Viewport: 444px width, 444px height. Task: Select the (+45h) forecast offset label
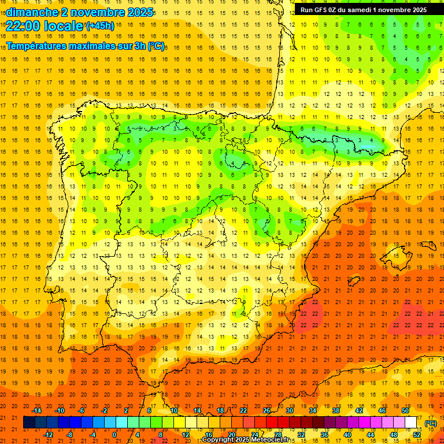pos(99,26)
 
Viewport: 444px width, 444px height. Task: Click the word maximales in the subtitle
pos(92,46)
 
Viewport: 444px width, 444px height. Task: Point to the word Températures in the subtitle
pos(36,46)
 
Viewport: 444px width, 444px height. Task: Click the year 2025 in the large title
pos(137,12)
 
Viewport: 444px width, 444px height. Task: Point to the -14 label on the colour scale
pos(37,410)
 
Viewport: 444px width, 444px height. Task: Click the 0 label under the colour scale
pos(114,434)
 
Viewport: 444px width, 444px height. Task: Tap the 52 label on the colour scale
pos(417,434)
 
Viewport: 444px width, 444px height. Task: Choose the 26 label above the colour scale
pos(267,410)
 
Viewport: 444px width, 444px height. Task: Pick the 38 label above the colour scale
pos(336,410)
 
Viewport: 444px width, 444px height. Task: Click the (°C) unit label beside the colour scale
pos(430,423)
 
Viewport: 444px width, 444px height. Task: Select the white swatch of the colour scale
pos(411,423)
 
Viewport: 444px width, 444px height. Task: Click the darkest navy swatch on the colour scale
pos(29,423)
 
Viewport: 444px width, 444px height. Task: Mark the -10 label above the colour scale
pos(60,410)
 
